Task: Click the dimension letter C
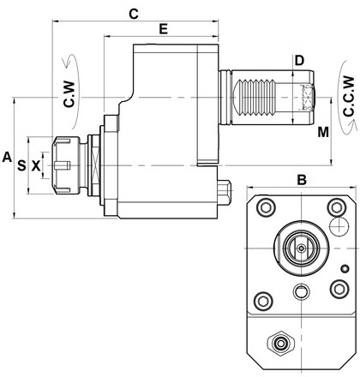(x=134, y=14)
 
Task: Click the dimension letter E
(x=163, y=29)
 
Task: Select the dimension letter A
(x=7, y=157)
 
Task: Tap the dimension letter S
(x=21, y=165)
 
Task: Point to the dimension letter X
(x=36, y=165)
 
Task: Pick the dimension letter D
(x=299, y=61)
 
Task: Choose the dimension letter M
(x=323, y=132)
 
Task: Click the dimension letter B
(x=302, y=180)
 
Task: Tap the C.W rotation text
(x=69, y=94)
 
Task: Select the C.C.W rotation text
(x=349, y=96)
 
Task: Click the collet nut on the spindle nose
(x=66, y=165)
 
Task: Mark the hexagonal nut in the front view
(x=280, y=343)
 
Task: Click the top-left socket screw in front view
(x=266, y=207)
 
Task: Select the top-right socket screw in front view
(x=337, y=207)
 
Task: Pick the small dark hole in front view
(x=345, y=269)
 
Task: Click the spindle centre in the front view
(x=301, y=248)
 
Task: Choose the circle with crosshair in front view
(x=339, y=226)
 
